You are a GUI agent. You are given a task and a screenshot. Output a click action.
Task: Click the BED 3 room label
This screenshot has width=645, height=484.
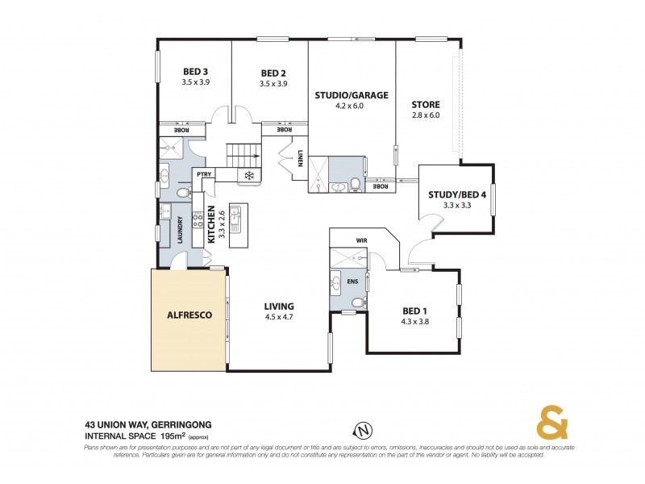click(195, 71)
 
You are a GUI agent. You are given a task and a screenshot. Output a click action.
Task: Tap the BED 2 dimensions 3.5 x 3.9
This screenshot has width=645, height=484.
click(273, 83)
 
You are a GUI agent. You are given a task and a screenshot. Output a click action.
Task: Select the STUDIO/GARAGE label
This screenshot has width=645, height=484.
click(351, 94)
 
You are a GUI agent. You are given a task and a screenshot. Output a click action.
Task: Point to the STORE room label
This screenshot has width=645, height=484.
click(425, 104)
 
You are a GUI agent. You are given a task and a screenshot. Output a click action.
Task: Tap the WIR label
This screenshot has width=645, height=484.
click(361, 240)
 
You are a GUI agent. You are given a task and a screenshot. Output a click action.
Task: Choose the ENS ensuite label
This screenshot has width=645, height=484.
click(352, 282)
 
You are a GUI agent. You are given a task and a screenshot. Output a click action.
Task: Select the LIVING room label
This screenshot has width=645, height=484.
click(279, 307)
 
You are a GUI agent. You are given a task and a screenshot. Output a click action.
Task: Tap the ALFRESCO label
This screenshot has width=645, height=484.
click(189, 315)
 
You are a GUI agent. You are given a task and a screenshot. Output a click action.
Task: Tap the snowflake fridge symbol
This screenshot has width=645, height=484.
click(249, 175)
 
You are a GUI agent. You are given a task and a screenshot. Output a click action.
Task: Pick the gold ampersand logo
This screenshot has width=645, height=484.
click(551, 421)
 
